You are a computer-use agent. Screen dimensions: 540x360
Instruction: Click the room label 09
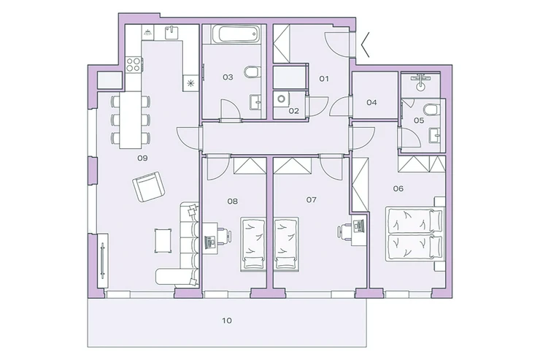[x=142, y=158]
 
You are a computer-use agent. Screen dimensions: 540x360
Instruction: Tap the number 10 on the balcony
[x=227, y=321]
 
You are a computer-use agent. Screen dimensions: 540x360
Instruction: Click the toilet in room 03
[x=252, y=72]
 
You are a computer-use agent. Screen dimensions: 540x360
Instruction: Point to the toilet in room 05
[x=431, y=110]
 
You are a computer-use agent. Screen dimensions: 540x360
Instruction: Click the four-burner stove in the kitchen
[x=134, y=64]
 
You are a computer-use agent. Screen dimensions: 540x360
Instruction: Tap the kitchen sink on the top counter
[x=171, y=33]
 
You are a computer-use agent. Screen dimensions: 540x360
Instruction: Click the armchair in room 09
[x=148, y=187]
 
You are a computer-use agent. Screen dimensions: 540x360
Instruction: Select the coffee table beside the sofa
[x=163, y=240]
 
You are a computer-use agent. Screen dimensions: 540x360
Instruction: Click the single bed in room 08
[x=252, y=244]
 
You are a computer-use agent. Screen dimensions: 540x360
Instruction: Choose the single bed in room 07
[x=286, y=244]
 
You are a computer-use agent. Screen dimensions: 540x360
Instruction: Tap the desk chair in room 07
[x=344, y=231]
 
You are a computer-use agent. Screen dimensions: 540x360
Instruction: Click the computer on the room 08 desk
[x=209, y=241]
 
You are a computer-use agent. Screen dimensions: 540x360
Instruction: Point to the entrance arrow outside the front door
[x=365, y=45]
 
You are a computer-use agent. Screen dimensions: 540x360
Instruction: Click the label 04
[x=371, y=102]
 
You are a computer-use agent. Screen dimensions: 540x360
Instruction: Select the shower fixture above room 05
[x=420, y=82]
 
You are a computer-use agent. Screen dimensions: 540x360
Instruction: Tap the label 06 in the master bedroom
[x=398, y=188]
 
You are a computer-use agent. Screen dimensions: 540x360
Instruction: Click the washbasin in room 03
[x=255, y=102]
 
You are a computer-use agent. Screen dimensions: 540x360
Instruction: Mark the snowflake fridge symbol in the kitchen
[x=190, y=83]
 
